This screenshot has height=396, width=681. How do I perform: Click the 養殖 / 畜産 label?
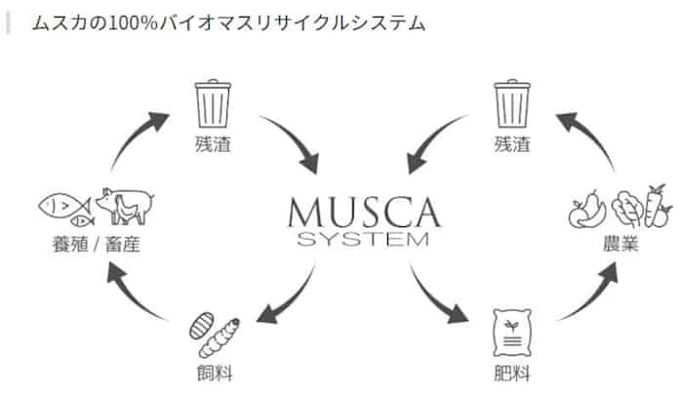click(x=94, y=243)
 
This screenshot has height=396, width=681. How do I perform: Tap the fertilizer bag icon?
click(x=513, y=333)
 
